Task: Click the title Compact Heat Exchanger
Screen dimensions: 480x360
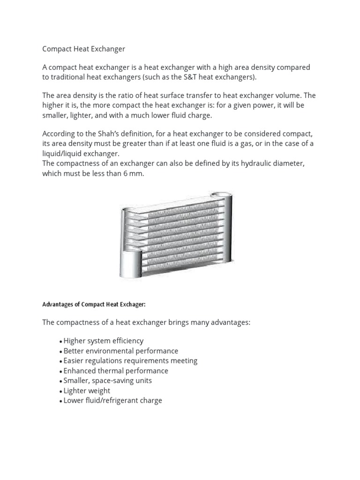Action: pyautogui.click(x=84, y=49)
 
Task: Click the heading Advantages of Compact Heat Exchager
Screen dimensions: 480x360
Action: pyautogui.click(x=94, y=304)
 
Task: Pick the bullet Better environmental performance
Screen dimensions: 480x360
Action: pyautogui.click(x=120, y=351)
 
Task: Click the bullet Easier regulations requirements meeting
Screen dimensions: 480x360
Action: pyautogui.click(x=130, y=361)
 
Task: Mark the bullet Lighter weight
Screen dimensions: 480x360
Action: pyautogui.click(x=87, y=391)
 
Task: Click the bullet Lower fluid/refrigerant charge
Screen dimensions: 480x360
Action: pyautogui.click(x=112, y=401)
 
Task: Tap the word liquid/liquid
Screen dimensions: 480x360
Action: pyautogui.click(x=65, y=153)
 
